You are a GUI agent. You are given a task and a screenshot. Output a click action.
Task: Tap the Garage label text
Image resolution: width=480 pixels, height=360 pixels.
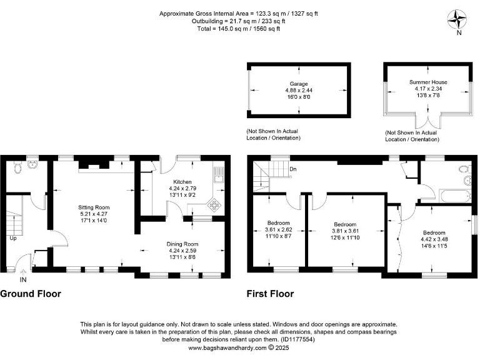tap(298, 84)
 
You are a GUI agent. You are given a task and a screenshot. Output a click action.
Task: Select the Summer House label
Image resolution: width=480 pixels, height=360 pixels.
tap(428, 82)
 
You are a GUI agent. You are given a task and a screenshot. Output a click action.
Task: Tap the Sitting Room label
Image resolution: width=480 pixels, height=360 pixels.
tap(94, 207)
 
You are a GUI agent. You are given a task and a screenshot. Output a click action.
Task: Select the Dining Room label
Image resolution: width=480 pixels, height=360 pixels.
tap(182, 244)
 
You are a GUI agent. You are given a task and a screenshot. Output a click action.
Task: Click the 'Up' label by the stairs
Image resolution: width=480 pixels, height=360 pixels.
tap(12, 238)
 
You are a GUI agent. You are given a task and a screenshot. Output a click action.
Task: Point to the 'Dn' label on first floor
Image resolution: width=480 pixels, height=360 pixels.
tap(292, 169)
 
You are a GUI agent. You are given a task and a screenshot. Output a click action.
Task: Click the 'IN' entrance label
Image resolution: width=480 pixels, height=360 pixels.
tap(23, 280)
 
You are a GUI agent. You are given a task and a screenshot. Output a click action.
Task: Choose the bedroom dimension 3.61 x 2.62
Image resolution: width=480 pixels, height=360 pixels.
tap(278, 230)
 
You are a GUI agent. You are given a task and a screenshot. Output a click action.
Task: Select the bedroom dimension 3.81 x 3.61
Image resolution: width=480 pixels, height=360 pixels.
tap(345, 231)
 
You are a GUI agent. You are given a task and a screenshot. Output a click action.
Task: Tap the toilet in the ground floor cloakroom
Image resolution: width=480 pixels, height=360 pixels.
tap(17, 167)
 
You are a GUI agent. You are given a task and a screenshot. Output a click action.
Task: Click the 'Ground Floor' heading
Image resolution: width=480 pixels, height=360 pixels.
tap(31, 294)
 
